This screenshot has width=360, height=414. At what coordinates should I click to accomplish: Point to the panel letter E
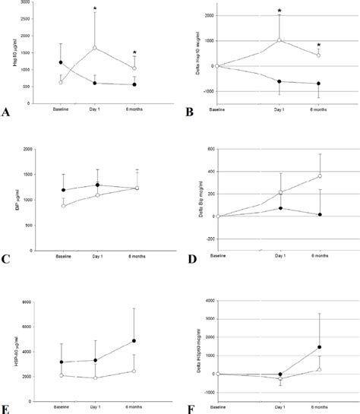click(6, 408)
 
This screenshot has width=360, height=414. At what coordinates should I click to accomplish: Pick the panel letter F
click(189, 408)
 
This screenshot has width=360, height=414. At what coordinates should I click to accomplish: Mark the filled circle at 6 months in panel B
click(318, 84)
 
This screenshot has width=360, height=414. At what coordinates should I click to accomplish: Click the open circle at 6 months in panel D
click(318, 176)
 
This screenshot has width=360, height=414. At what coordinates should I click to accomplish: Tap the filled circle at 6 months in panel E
click(134, 341)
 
